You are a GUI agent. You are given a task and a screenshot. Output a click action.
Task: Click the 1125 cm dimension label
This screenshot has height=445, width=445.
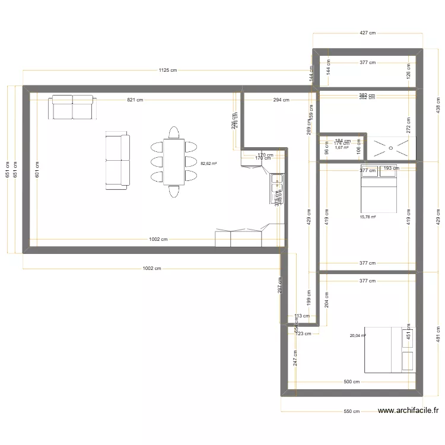[168, 70]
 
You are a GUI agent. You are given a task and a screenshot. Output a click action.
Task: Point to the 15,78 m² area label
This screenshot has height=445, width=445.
[368, 217]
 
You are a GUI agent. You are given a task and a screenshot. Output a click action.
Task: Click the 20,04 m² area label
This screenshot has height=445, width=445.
[358, 335]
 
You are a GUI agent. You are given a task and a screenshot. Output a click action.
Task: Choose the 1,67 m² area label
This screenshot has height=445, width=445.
[341, 148]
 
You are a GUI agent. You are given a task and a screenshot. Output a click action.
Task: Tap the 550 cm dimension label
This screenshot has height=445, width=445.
[351, 411]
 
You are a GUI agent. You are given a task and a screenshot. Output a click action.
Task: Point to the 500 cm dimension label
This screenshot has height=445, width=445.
[352, 382]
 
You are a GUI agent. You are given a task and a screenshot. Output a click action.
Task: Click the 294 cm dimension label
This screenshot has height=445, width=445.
[281, 100]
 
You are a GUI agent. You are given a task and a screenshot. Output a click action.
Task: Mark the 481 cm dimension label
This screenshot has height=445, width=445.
[438, 334]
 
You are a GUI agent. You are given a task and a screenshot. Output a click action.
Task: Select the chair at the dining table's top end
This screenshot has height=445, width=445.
[174, 132]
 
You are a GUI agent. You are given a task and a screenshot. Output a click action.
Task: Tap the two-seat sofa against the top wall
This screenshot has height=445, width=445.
[72, 106]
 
